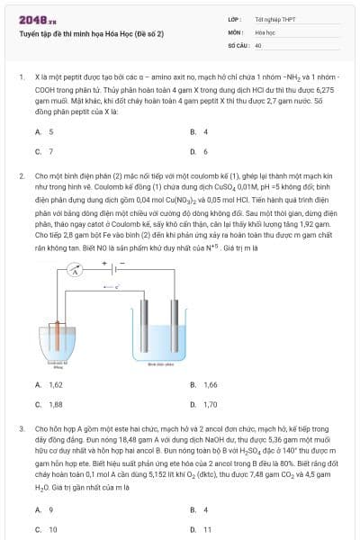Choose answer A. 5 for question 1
coord(44,131)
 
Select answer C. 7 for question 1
coord(44,151)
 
